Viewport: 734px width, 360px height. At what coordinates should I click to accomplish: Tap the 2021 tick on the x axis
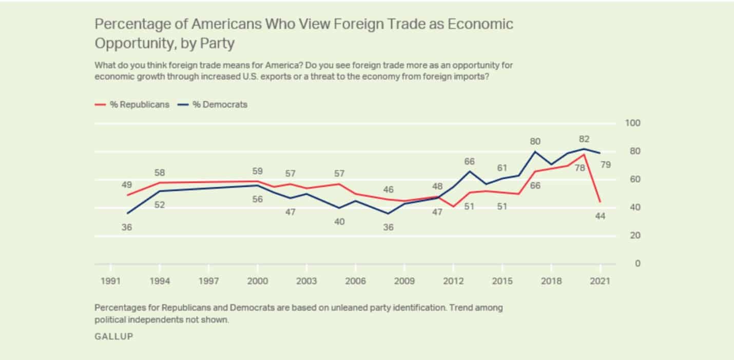tap(600, 281)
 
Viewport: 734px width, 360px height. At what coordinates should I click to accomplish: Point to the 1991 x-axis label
tap(110, 281)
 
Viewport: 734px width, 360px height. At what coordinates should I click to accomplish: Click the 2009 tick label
tap(404, 281)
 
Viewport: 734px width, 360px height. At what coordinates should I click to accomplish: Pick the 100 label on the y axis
tap(632, 123)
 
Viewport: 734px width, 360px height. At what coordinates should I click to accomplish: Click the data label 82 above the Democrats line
tap(584, 139)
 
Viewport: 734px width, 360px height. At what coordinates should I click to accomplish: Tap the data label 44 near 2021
tap(600, 216)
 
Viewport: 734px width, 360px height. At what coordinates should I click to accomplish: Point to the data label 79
tap(606, 165)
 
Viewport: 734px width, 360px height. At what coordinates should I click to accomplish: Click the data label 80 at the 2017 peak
tap(535, 141)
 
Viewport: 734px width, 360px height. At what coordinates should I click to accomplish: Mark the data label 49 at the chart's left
tap(126, 184)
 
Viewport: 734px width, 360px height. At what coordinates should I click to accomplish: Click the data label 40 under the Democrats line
tap(339, 222)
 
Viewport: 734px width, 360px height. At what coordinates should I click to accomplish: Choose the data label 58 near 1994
tap(160, 173)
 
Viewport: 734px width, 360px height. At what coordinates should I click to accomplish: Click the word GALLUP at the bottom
tap(113, 336)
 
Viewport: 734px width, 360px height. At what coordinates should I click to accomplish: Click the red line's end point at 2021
tap(600, 202)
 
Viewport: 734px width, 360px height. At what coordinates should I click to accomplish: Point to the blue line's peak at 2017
tap(535, 151)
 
